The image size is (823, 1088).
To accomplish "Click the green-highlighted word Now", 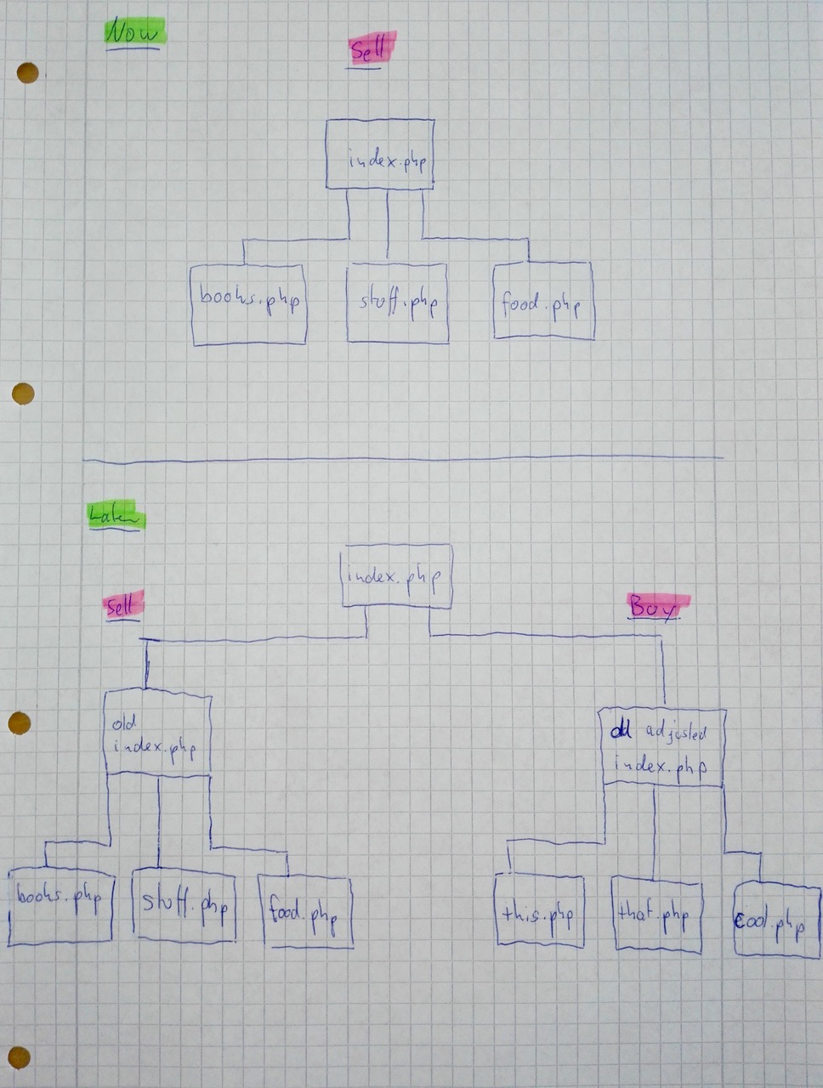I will click(133, 34).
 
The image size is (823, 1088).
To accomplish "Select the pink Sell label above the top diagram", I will click(370, 51).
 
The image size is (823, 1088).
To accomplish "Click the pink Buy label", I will click(656, 607).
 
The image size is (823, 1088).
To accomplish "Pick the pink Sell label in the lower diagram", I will click(122, 605).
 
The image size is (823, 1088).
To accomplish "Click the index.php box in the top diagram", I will click(380, 155).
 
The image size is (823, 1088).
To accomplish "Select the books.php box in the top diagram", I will click(248, 304).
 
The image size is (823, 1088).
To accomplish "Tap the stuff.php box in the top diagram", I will click(398, 303).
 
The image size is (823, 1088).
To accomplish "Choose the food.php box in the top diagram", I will click(542, 302).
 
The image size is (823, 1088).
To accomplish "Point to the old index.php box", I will click(157, 733).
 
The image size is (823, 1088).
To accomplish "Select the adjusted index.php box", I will click(662, 748).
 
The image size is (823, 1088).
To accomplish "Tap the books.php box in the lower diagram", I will click(60, 907).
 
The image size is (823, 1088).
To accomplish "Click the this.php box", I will click(539, 912).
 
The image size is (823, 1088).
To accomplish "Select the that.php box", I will click(656, 916).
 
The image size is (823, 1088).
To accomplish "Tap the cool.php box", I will click(776, 921).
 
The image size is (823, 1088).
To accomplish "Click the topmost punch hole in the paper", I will click(27, 73).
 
